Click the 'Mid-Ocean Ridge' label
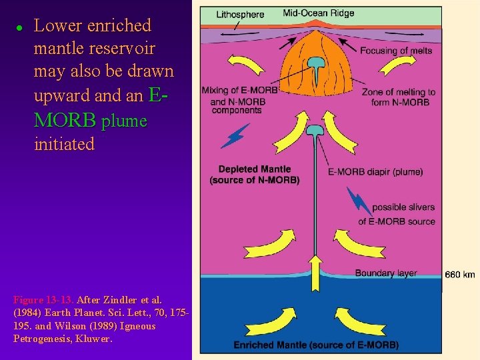coord(319,13)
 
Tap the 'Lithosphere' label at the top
coord(241,15)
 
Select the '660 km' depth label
coord(460,275)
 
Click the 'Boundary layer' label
coord(386,273)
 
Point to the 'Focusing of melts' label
coord(396,51)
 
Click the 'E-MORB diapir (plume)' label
coord(375,172)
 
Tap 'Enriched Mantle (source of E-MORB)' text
coord(316,345)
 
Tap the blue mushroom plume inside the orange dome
coord(315,65)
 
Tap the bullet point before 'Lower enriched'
coord(19,27)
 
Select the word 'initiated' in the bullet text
coord(64,144)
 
